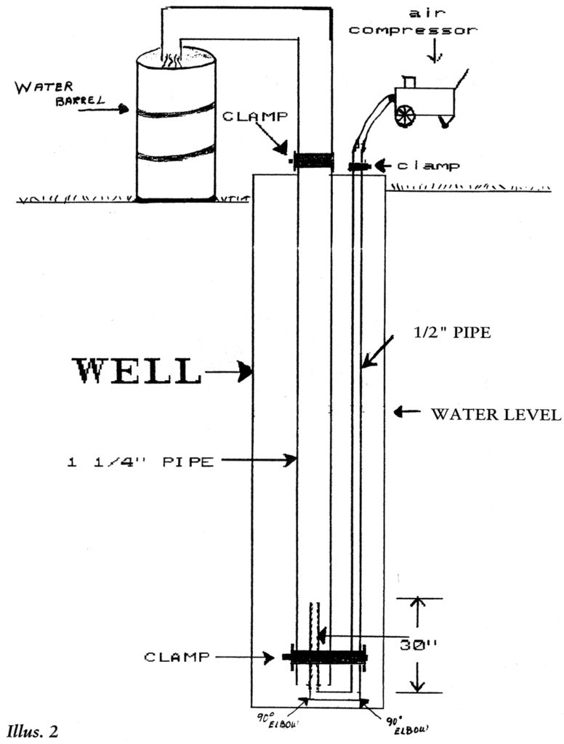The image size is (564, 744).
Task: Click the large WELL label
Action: click(x=136, y=372)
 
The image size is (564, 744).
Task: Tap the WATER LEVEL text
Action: click(x=495, y=415)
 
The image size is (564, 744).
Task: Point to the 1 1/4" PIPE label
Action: click(x=140, y=461)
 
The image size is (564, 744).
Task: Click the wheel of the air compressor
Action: click(x=404, y=115)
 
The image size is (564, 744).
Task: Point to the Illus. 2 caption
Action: click(x=35, y=728)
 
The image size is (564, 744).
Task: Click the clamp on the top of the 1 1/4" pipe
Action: click(x=313, y=161)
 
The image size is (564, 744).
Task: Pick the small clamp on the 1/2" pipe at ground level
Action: click(x=358, y=167)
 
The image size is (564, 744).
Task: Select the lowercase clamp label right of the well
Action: click(x=432, y=166)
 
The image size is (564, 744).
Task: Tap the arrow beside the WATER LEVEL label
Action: click(x=406, y=413)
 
